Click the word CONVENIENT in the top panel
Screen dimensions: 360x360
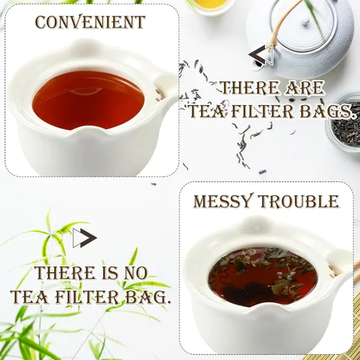[90, 22]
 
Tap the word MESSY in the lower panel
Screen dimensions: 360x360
[223, 202]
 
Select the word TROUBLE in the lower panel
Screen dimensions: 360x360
[298, 202]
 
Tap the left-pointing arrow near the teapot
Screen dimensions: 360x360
[261, 55]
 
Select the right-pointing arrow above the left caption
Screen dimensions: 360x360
[85, 238]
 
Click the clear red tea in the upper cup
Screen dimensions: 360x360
[89, 99]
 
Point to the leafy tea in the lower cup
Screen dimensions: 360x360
[263, 276]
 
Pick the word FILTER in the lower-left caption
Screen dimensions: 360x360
[89, 297]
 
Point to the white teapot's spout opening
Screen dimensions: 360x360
[258, 63]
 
